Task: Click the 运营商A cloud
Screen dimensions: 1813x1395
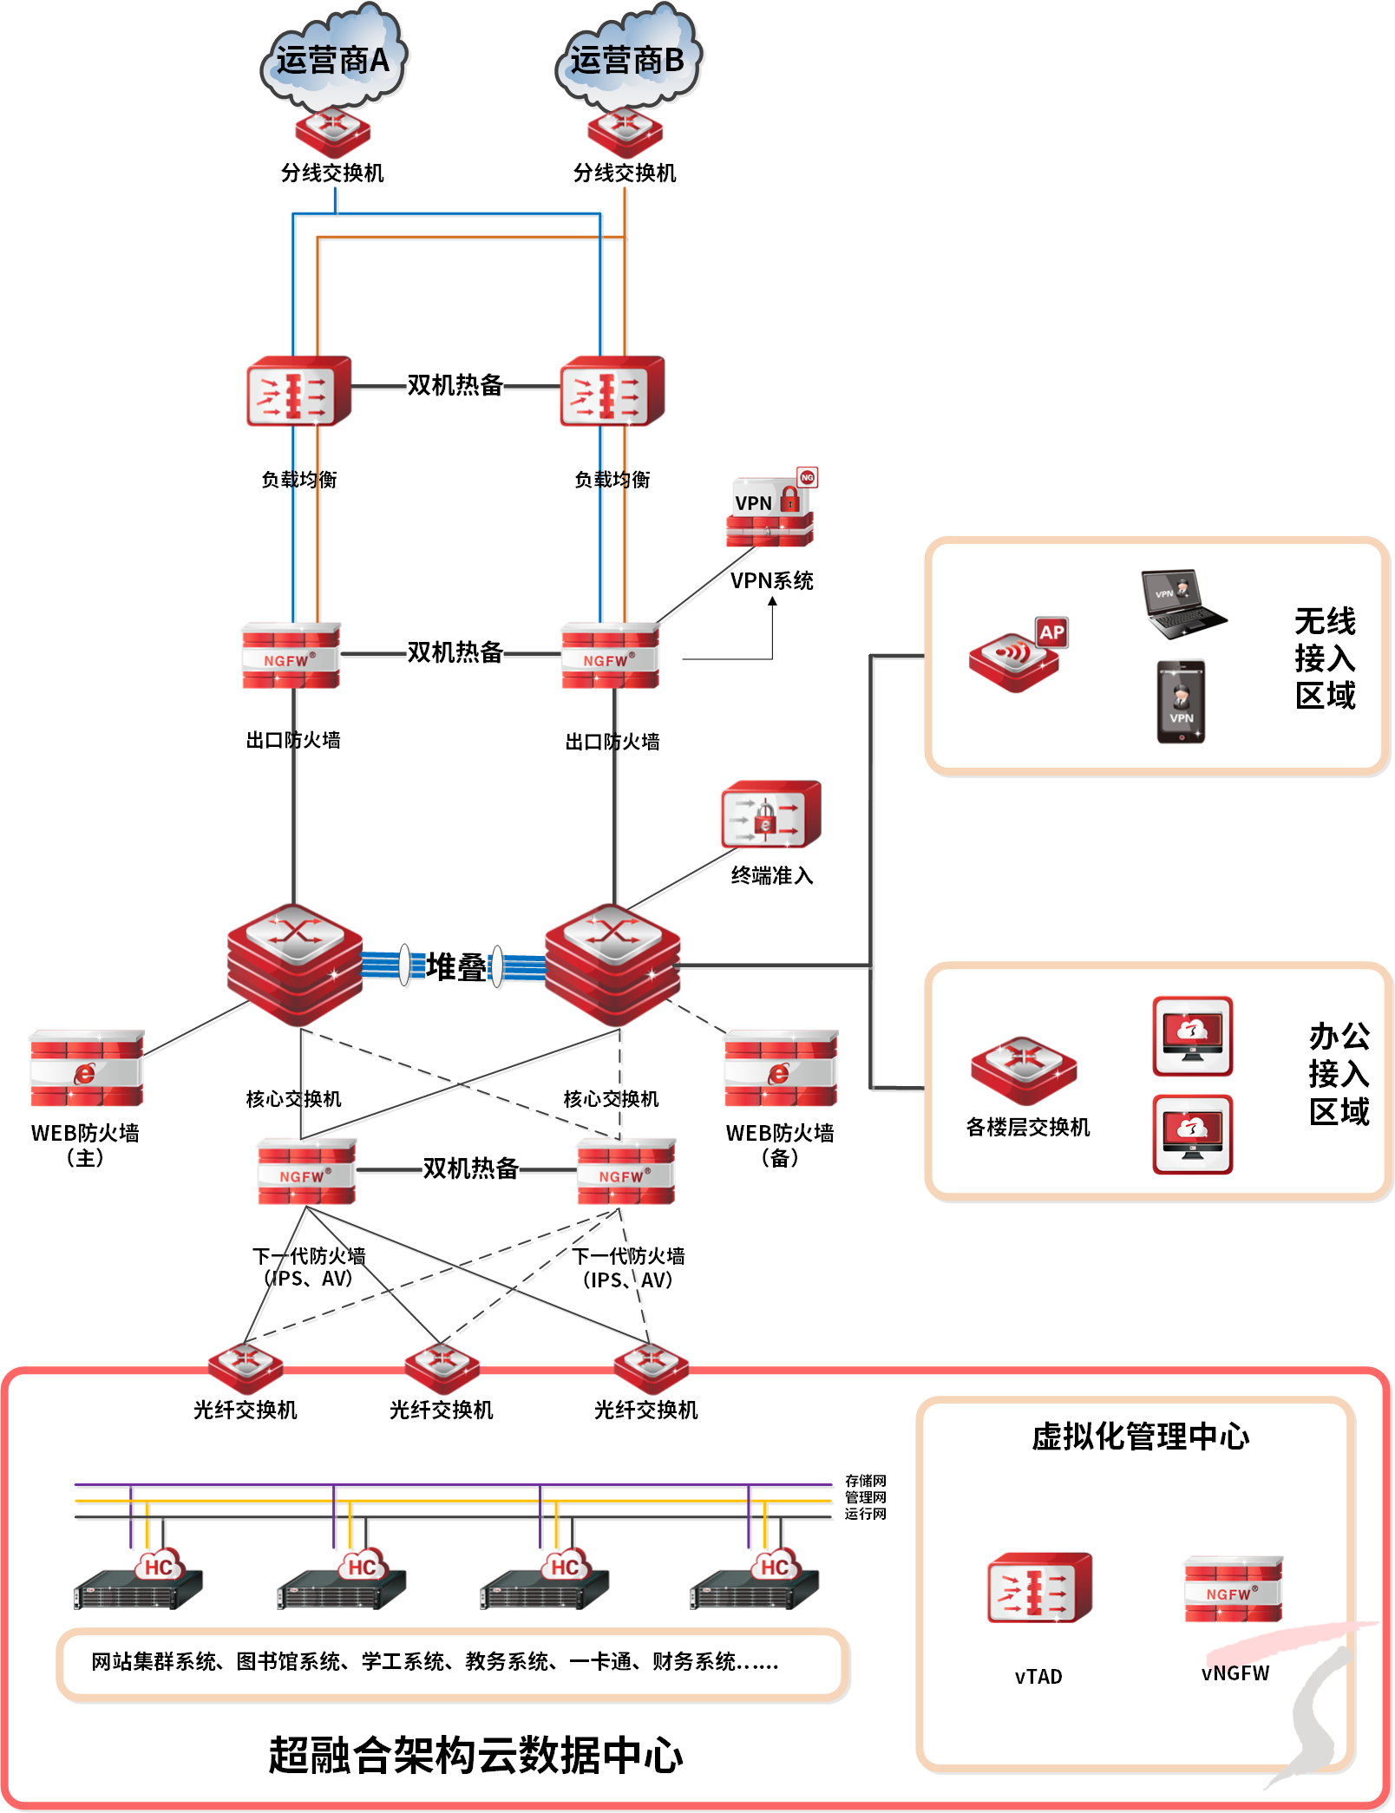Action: click(334, 54)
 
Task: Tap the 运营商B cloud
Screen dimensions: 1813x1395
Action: click(628, 54)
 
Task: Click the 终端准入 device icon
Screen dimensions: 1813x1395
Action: click(770, 815)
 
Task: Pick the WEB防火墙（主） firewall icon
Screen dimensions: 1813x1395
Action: click(87, 1069)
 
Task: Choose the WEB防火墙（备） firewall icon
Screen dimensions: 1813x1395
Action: click(781, 1069)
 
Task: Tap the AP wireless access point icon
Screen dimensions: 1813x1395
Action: click(1017, 657)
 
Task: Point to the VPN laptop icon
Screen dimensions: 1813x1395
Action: click(1182, 604)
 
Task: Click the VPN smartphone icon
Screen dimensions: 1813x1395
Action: click(1181, 702)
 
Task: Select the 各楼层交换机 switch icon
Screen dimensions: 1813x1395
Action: click(1024, 1070)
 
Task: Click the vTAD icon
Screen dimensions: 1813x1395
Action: click(1039, 1588)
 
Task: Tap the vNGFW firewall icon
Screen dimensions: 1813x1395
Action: click(1233, 1589)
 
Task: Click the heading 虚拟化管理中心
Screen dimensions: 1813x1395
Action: click(1140, 1437)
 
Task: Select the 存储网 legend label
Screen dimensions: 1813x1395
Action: click(866, 1481)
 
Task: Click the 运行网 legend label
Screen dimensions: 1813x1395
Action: click(866, 1514)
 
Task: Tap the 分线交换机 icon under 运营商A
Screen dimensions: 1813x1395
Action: click(333, 132)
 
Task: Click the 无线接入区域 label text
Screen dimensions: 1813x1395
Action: click(1325, 658)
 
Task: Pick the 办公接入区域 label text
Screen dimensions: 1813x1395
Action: click(1339, 1074)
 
